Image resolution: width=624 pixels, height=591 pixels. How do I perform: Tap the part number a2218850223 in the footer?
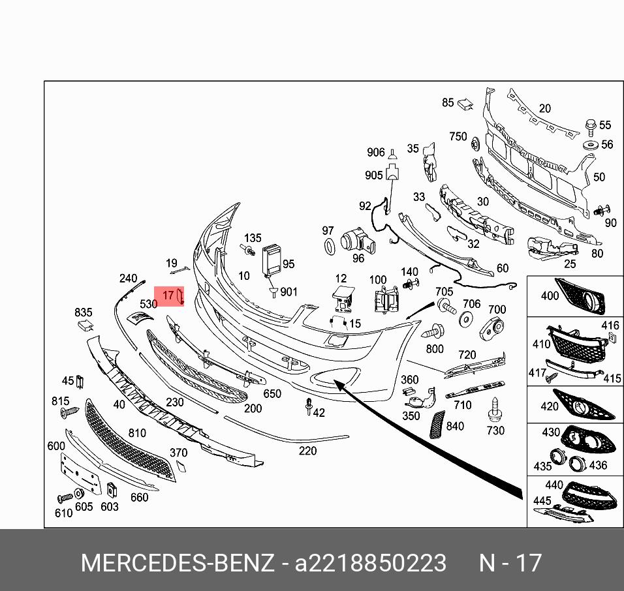(370, 563)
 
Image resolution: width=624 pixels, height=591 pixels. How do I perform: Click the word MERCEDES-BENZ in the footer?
(178, 563)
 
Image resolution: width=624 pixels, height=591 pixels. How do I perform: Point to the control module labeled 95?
(272, 260)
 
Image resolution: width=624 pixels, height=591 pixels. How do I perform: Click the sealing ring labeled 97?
(330, 247)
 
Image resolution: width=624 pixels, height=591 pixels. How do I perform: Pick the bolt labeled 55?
(591, 127)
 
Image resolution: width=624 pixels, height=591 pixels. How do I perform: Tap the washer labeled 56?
(591, 145)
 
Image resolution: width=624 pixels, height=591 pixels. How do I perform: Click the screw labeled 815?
(69, 412)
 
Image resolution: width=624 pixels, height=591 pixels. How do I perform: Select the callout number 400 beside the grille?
(550, 295)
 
